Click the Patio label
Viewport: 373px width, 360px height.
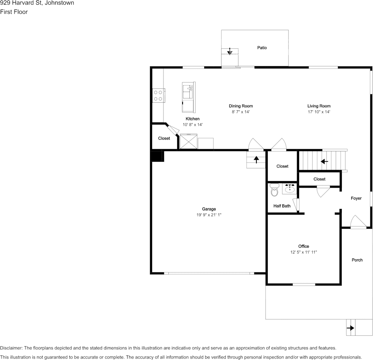click(262, 48)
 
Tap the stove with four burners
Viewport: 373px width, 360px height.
click(158, 96)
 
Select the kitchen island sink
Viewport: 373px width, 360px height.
click(188, 91)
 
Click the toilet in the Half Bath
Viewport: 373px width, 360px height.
click(274, 190)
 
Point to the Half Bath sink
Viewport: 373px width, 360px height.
click(290, 189)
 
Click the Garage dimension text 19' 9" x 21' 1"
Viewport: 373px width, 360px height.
click(209, 215)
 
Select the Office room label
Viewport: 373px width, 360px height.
click(304, 247)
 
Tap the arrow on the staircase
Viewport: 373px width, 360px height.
click(324, 162)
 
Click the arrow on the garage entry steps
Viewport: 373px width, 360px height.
click(256, 160)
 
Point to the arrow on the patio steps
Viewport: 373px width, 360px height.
click(230, 51)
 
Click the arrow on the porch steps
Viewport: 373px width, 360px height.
click(351, 328)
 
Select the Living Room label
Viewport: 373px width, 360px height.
click(319, 106)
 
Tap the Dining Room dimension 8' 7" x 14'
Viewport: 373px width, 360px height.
click(241, 112)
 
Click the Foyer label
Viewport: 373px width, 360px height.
click(356, 198)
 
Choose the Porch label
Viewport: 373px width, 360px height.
click(357, 260)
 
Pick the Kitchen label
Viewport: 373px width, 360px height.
click(192, 119)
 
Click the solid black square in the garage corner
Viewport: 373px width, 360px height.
click(157, 156)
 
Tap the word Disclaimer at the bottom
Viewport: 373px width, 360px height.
click(11, 348)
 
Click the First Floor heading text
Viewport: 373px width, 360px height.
click(14, 12)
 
